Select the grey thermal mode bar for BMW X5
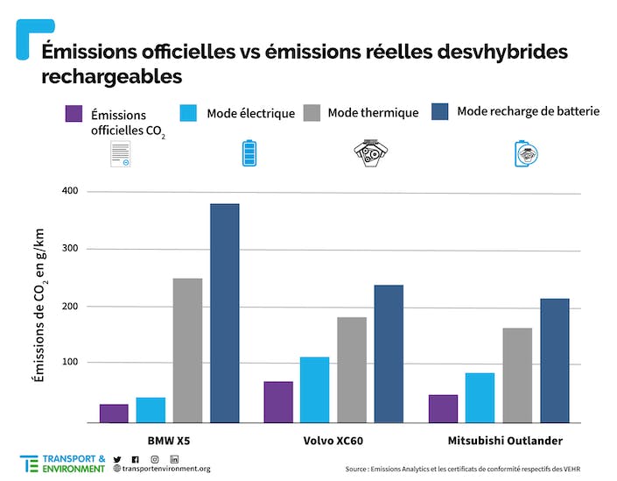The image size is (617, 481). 187,350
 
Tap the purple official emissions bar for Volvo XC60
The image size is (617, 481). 278,402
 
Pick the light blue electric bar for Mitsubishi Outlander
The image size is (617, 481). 480,398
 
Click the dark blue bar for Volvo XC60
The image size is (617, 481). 389,354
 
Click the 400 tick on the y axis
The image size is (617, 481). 69,191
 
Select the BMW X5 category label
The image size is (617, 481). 170,440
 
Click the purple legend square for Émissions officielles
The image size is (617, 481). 74,115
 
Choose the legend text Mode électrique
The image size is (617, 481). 250,114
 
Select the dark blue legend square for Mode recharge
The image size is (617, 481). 440,111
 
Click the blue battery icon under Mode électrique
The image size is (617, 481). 250,152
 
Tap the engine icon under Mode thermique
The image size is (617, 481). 368,152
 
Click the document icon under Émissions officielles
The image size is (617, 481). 121,154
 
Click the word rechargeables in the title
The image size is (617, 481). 111,76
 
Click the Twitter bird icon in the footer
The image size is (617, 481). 117,459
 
